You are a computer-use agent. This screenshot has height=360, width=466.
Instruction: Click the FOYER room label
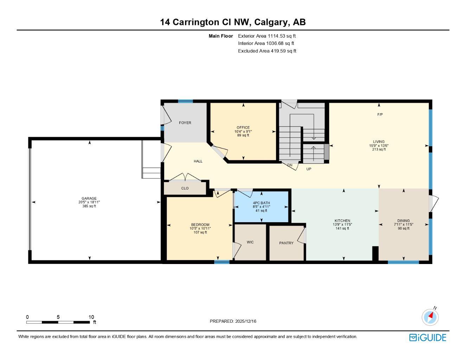click(185, 123)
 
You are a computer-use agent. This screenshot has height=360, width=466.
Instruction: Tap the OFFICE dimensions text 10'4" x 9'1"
click(243, 131)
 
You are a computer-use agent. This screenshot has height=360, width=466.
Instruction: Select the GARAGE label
click(89, 199)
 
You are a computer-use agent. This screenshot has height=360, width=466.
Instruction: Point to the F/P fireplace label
click(380, 115)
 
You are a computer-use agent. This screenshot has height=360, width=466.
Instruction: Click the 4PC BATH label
click(261, 203)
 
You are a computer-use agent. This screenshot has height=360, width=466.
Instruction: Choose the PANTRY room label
click(286, 243)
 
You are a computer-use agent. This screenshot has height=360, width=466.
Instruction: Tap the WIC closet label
click(250, 242)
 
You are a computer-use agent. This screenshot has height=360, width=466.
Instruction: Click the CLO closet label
click(185, 188)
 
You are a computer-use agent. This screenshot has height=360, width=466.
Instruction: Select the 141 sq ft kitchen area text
click(342, 229)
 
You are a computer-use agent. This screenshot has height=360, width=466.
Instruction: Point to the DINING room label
click(403, 221)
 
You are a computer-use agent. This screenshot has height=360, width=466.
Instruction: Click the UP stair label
click(309, 169)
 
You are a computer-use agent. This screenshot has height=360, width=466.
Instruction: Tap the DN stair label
click(290, 165)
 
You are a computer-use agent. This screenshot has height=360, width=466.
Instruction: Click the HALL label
click(198, 161)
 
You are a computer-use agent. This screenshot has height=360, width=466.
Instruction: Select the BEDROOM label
click(200, 225)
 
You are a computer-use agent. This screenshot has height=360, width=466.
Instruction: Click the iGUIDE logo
click(428, 337)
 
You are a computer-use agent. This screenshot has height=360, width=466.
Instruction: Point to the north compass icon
click(430, 317)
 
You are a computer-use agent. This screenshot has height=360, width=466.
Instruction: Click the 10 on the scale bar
click(91, 317)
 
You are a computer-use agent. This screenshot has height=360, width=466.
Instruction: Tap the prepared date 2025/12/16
click(246, 321)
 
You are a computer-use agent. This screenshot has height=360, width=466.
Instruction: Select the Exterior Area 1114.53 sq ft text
click(267, 36)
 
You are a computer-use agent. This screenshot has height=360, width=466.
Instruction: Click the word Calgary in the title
click(270, 22)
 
